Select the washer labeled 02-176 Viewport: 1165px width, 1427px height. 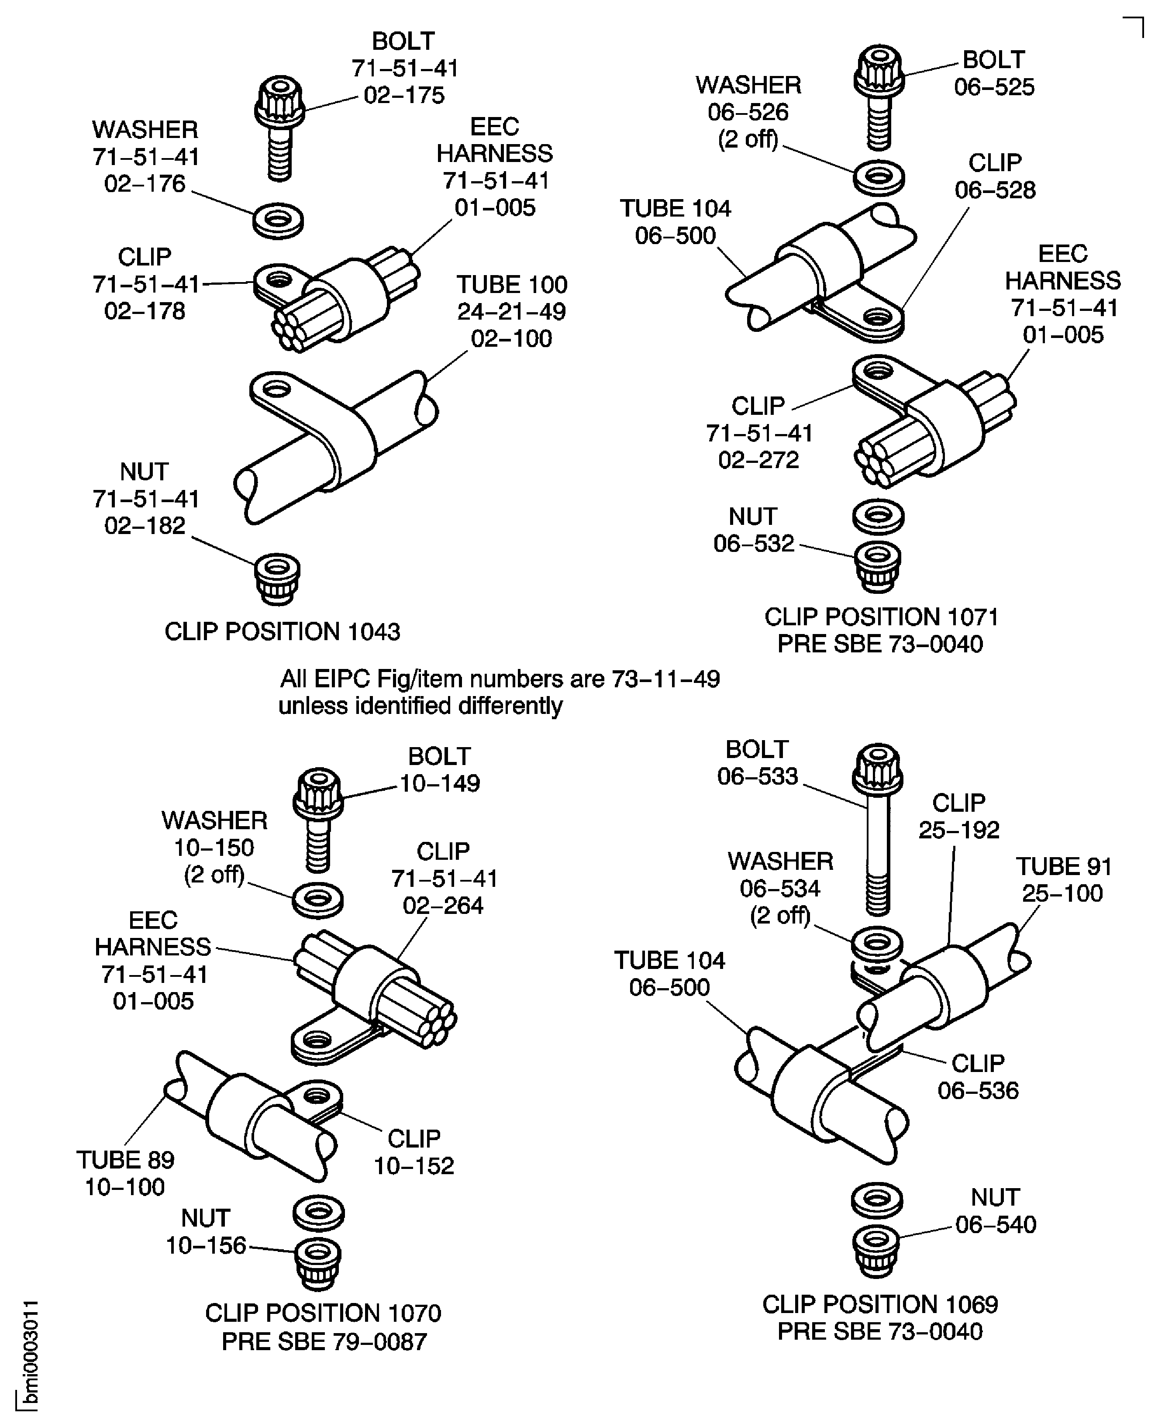[x=278, y=219]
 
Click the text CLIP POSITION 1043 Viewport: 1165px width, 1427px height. [x=283, y=631]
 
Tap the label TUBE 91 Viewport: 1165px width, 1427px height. [x=1064, y=866]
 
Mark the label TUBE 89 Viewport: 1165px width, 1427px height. [x=125, y=1159]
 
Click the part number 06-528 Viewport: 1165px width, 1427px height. [x=995, y=190]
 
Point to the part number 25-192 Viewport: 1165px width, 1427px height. [x=958, y=830]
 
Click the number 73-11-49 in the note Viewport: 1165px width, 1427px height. [x=665, y=679]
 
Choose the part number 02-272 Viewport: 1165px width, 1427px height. [x=758, y=459]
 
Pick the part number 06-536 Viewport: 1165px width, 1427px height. [x=978, y=1090]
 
